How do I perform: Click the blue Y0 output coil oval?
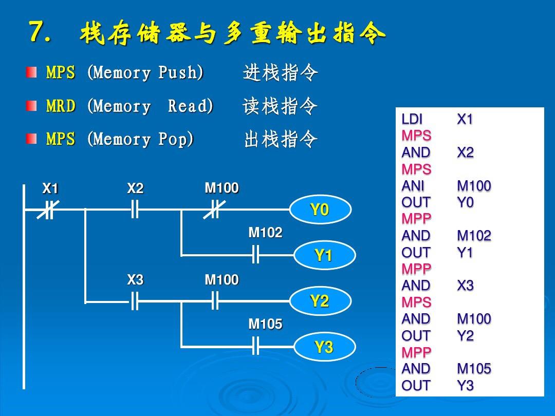point(320,210)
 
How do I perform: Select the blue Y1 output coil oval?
point(324,255)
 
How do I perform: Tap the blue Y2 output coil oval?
point(320,301)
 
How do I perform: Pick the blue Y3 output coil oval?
point(324,348)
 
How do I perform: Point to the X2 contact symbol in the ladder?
point(135,210)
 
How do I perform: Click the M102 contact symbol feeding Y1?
point(255,255)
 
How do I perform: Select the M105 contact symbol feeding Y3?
point(255,347)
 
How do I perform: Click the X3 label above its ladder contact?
point(135,280)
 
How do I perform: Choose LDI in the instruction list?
point(412,120)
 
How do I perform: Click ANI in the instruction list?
point(413,186)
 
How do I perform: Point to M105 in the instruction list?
point(474,369)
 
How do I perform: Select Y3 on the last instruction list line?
point(465,386)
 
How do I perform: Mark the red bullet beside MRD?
point(32,106)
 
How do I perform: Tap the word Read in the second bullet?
point(190,106)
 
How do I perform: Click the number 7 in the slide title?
point(39,32)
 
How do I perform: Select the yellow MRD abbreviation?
point(61,106)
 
